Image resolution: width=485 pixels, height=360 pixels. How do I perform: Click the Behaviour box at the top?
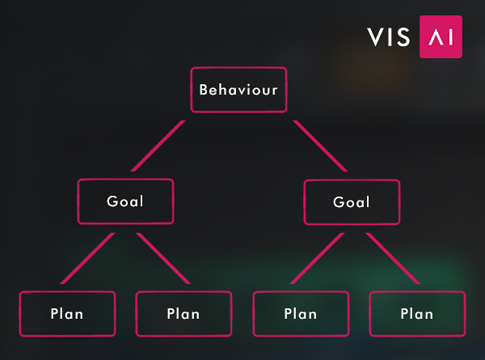(238, 90)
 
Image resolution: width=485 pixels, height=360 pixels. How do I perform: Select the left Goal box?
(125, 201)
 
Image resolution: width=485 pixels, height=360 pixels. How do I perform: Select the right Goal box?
(352, 202)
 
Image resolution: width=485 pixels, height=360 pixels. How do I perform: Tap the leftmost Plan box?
(67, 314)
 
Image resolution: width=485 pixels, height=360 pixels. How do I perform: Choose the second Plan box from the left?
(183, 314)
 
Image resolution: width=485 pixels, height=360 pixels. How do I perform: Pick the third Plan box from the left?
(301, 314)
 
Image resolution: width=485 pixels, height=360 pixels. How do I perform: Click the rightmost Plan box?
(417, 314)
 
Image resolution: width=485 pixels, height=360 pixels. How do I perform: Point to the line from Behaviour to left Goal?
(158, 146)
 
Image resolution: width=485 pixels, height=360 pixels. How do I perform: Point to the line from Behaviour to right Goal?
(320, 146)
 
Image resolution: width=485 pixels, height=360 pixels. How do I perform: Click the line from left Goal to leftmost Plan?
(88, 258)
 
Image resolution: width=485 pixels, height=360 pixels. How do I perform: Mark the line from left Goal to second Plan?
(163, 258)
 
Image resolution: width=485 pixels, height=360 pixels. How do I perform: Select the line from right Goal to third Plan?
(317, 258)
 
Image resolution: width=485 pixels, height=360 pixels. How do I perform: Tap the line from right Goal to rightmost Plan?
(393, 258)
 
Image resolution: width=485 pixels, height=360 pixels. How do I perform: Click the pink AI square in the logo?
(441, 37)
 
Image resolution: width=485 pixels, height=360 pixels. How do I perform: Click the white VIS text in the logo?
(389, 37)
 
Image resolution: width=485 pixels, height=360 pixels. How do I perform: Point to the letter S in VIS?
(403, 37)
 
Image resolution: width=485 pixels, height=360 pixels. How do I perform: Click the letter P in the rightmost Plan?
(405, 314)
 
